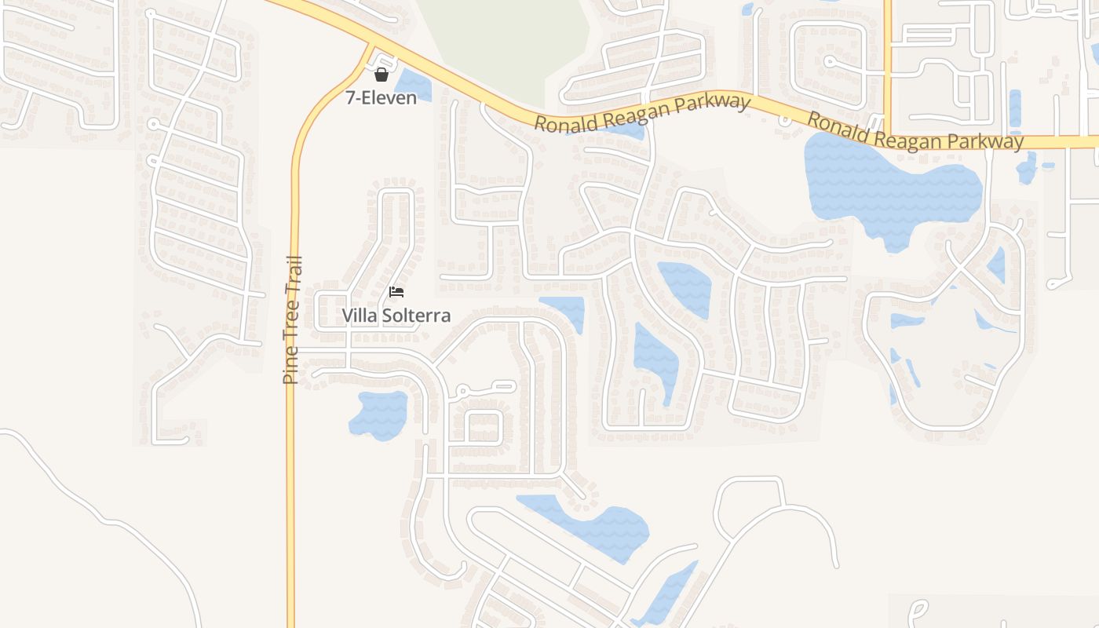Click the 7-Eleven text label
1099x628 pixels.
click(381, 98)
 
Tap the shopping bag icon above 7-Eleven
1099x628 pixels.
click(382, 75)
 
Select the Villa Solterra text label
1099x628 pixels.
click(396, 316)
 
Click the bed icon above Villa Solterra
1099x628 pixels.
click(396, 292)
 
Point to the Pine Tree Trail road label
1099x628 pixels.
click(291, 319)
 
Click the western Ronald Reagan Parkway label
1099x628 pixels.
click(641, 113)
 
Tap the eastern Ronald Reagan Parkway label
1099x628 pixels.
click(915, 131)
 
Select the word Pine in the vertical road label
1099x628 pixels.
click(290, 367)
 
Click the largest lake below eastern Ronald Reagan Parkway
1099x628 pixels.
click(887, 184)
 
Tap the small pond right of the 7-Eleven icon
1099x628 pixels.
click(414, 86)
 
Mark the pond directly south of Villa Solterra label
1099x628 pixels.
click(378, 414)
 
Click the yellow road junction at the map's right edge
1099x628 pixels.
click(887, 140)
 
